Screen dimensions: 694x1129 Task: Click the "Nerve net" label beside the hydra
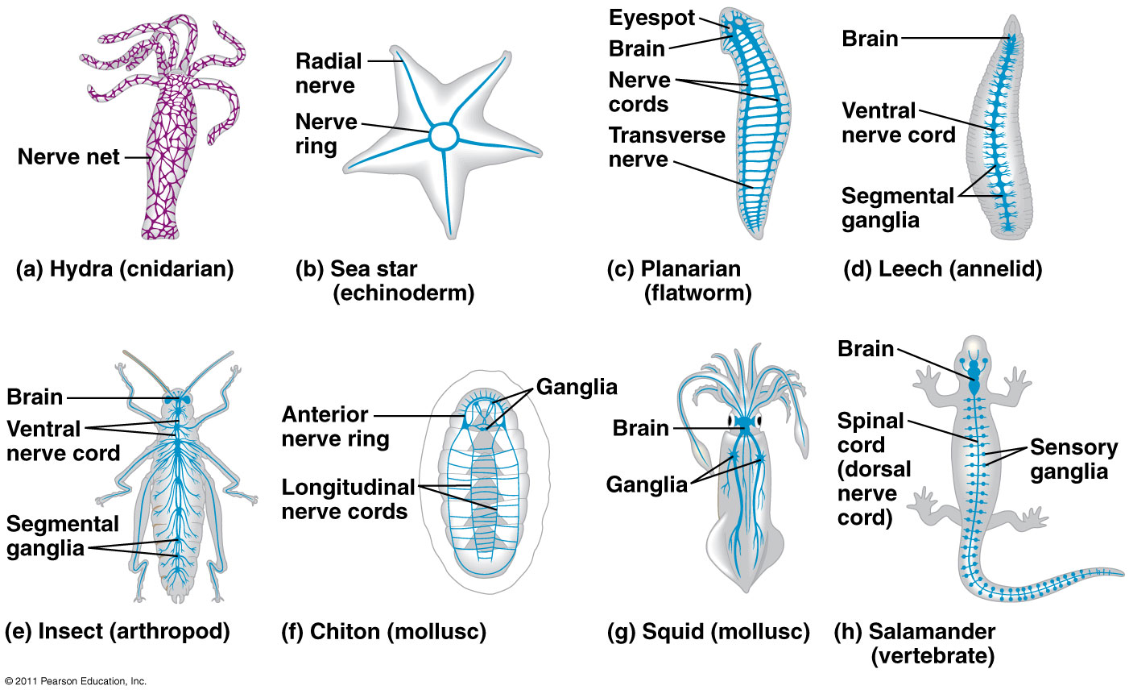tap(68, 157)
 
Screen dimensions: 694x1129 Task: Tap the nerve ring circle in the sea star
tap(442, 136)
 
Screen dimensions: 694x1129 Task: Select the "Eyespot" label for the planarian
tap(651, 19)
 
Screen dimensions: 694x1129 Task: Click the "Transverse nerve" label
tap(667, 147)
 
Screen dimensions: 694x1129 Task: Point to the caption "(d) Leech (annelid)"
tap(942, 269)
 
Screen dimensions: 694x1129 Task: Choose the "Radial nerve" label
tap(329, 73)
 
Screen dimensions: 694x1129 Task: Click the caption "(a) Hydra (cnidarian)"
tap(125, 269)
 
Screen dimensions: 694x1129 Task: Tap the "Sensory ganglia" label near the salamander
tap(1073, 459)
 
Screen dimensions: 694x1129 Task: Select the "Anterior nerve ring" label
tap(335, 426)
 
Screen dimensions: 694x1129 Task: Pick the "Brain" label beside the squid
tap(641, 428)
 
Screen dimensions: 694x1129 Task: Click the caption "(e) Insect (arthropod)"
tap(118, 631)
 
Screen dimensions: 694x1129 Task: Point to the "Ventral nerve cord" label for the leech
tap(898, 123)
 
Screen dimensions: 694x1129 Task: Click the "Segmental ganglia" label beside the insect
tap(63, 536)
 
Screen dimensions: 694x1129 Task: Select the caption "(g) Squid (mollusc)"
tap(708, 632)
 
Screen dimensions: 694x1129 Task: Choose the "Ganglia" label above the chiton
tap(577, 387)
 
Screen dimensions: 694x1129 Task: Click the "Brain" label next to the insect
tap(35, 397)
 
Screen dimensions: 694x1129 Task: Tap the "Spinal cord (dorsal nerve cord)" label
tap(874, 468)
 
